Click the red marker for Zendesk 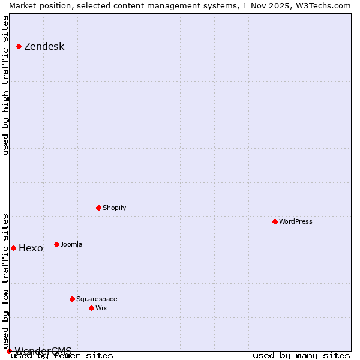point(19,46)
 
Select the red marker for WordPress point(275,221)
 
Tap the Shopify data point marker point(98,208)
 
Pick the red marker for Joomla point(56,244)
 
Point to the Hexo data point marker point(13,248)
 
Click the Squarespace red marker point(72,299)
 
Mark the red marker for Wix point(91,308)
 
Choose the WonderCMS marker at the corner point(9,351)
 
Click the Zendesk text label point(44,47)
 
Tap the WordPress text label point(296,221)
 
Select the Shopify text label point(114,208)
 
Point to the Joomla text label point(71,244)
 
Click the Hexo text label point(31,248)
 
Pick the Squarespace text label point(97,299)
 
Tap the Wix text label point(101,308)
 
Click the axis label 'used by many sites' point(301,355)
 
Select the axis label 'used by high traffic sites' point(5,85)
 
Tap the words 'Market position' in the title point(37,5)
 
